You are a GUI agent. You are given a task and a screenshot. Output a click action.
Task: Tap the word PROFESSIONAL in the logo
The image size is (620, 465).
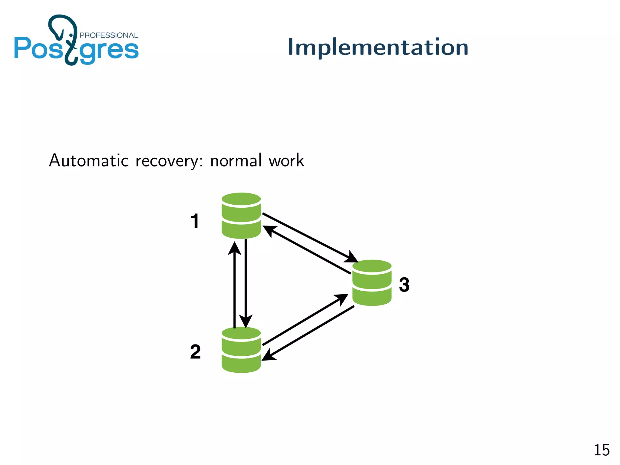click(x=109, y=35)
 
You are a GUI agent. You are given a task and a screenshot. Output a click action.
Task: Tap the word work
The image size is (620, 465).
click(x=286, y=160)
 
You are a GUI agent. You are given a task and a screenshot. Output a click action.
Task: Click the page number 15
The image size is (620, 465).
click(x=601, y=450)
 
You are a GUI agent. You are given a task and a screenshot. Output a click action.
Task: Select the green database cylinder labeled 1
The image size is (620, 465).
click(x=241, y=216)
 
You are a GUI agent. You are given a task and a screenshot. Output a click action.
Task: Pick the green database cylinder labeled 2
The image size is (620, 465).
click(x=241, y=350)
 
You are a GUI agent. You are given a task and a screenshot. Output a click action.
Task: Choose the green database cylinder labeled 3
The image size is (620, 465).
click(x=372, y=283)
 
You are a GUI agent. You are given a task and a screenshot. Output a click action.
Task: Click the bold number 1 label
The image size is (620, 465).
click(x=195, y=221)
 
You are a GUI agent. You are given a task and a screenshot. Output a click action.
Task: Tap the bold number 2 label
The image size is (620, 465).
click(x=195, y=352)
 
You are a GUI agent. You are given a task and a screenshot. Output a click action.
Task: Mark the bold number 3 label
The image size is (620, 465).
click(x=404, y=285)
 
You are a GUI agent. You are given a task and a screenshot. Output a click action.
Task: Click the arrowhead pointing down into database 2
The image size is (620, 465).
click(x=246, y=321)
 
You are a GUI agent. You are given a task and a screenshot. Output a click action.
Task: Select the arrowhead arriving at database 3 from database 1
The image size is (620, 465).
click(x=351, y=258)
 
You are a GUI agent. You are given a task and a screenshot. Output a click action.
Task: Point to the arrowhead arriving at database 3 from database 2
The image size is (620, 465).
click(x=341, y=298)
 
